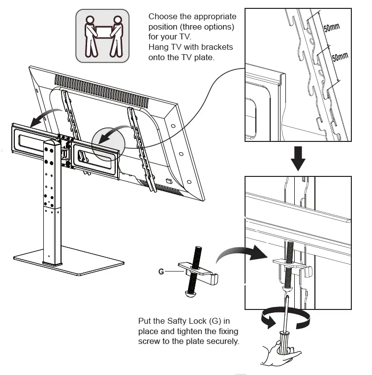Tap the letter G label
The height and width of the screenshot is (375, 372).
(x=161, y=271)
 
